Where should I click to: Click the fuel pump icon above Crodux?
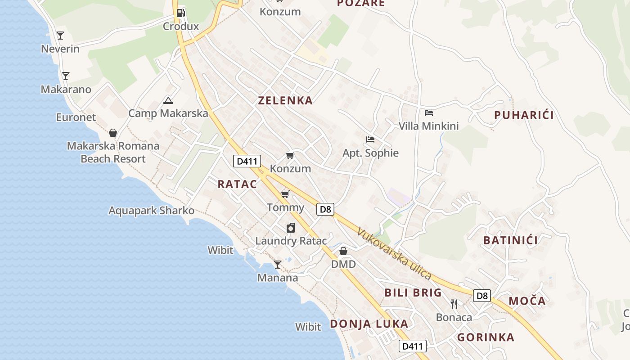(x=180, y=13)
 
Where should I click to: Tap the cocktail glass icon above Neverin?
(x=60, y=35)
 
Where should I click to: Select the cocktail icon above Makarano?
(x=66, y=76)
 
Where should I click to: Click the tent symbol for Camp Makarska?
(x=168, y=100)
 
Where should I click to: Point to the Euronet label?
(x=76, y=117)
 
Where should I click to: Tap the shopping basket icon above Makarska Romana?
(x=113, y=133)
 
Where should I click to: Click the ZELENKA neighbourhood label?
(x=285, y=100)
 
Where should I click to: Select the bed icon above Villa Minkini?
(x=429, y=112)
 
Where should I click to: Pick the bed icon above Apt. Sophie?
(x=370, y=139)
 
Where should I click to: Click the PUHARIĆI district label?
(x=524, y=115)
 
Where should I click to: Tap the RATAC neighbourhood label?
(x=237, y=184)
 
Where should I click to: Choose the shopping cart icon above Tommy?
(x=285, y=194)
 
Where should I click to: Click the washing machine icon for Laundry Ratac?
(x=291, y=228)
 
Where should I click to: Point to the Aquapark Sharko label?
(x=152, y=211)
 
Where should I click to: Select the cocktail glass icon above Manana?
(x=278, y=264)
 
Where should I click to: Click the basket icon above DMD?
(x=343, y=251)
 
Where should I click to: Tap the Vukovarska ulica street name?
(x=394, y=254)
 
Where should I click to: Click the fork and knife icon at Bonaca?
(x=454, y=304)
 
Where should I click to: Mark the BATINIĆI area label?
(x=510, y=240)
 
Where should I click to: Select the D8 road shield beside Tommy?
(x=325, y=209)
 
